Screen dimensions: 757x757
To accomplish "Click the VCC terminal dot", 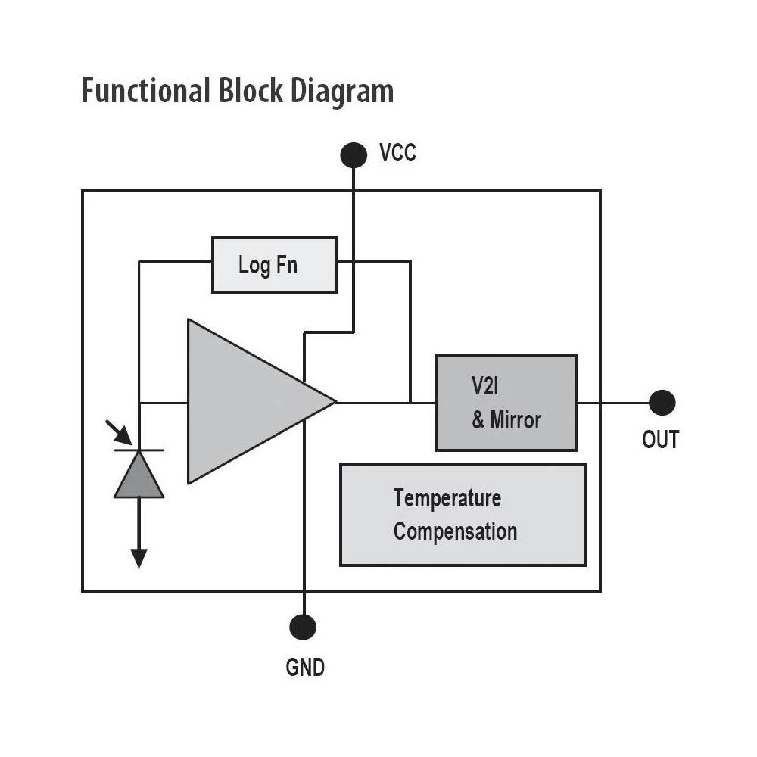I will (354, 154).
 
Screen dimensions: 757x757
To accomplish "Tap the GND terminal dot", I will (303, 627).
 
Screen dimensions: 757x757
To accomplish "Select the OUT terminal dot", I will (662, 403).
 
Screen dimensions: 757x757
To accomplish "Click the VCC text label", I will (397, 154).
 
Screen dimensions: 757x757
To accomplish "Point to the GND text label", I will (305, 668).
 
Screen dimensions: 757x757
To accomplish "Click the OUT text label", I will (661, 440).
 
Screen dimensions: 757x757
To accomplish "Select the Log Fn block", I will (274, 265).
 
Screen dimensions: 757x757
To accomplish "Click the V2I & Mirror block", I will (506, 403).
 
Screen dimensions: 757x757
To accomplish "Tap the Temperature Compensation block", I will (463, 515).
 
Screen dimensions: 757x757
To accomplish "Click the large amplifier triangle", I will (242, 401).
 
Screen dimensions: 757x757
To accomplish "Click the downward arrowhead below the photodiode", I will (139, 558).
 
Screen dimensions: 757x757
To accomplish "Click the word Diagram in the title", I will (344, 91).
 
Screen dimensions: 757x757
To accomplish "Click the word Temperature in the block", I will (447, 499).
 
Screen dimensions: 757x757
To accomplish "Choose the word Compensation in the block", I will (455, 531).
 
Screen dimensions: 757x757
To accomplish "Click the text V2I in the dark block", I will (484, 386).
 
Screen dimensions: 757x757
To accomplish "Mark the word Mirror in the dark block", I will (516, 420).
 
